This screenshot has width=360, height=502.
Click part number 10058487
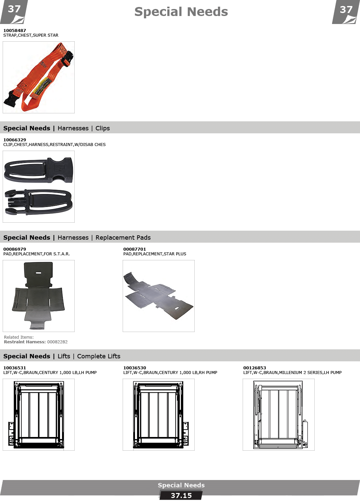click(15, 30)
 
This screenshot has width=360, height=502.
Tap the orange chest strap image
click(39, 77)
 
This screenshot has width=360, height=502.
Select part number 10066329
click(15, 140)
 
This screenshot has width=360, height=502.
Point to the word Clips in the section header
click(103, 128)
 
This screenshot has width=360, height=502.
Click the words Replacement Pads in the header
click(123, 238)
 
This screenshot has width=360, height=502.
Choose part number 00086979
click(15, 249)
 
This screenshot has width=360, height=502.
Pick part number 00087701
click(134, 249)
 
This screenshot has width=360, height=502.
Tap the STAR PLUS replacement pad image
click(158, 296)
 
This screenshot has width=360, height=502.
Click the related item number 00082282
click(57, 342)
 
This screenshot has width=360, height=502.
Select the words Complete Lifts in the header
click(99, 356)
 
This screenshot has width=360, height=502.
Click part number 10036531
click(15, 368)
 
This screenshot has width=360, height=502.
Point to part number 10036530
click(134, 368)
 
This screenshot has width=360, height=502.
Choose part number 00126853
click(255, 368)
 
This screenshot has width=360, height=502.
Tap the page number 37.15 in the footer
click(181, 496)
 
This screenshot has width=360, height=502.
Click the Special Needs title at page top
click(181, 12)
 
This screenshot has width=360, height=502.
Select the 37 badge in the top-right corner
click(346, 12)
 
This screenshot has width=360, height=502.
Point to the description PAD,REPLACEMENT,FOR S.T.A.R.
click(37, 254)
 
